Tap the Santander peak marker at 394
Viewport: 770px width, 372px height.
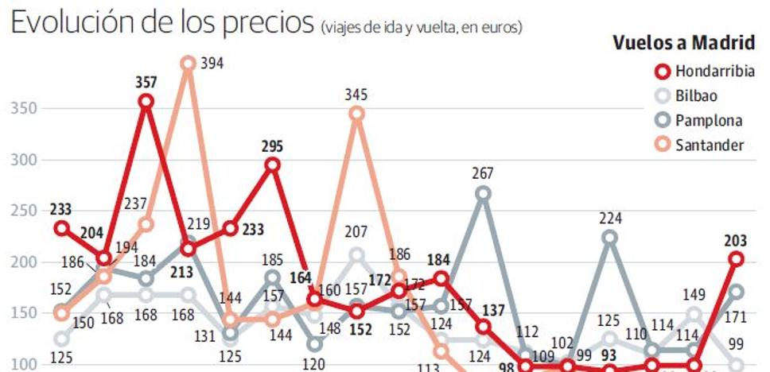click(188, 63)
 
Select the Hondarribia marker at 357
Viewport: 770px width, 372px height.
click(146, 101)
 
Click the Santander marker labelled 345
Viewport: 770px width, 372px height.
click(356, 114)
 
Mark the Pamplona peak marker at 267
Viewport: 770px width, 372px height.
click(483, 193)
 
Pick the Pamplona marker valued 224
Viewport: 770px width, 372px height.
click(609, 237)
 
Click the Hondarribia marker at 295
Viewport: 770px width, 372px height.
click(272, 165)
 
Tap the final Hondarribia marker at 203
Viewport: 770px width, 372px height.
click(737, 259)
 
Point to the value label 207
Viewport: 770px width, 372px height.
click(356, 233)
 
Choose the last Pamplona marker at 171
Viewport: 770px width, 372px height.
click(737, 292)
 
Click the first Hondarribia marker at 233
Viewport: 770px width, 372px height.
click(61, 228)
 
